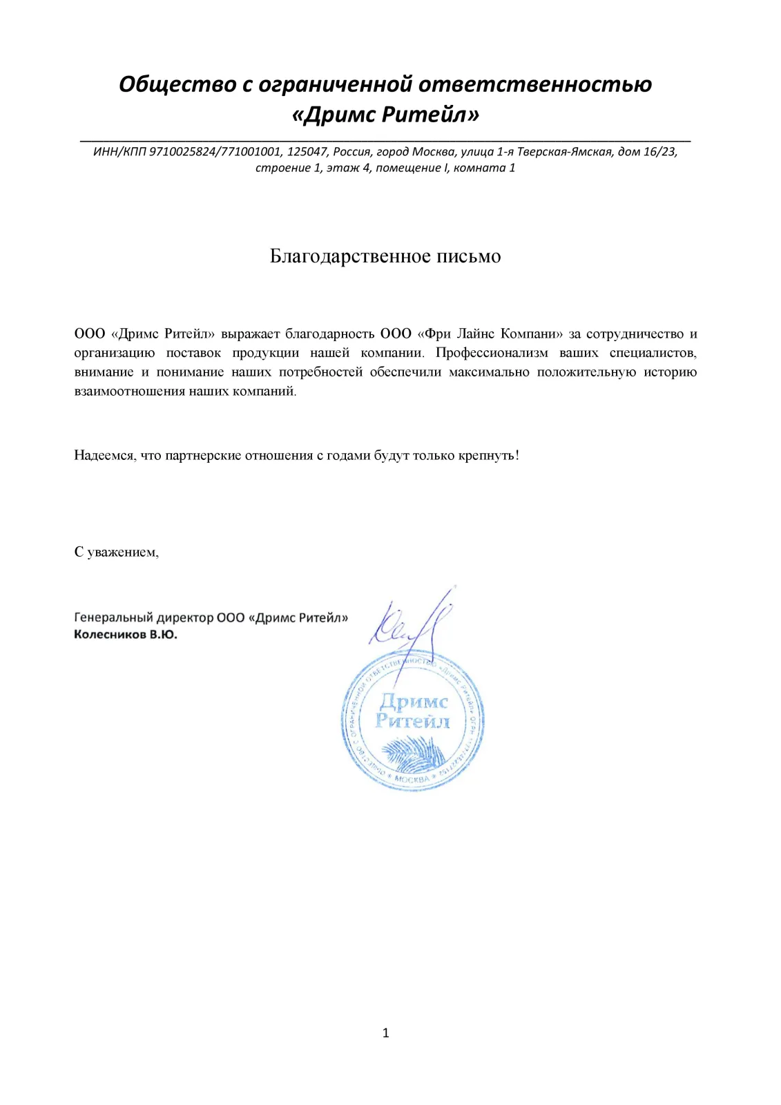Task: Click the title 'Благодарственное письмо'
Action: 385,256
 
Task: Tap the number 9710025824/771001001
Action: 215,152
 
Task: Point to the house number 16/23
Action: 659,152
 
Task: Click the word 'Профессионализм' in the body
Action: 492,353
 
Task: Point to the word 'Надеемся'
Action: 104,456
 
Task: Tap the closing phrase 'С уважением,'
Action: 116,552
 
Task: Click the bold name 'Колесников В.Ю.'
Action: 125,635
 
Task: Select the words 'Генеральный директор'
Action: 143,618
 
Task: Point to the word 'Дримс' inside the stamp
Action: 413,702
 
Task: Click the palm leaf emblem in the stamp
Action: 413,753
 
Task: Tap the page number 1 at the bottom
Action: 385,1033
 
